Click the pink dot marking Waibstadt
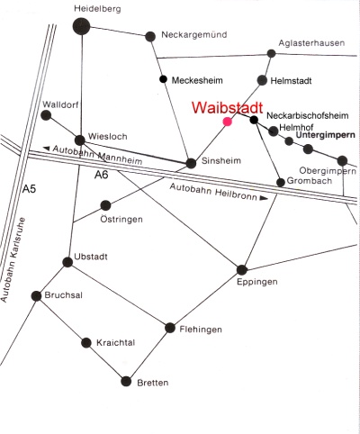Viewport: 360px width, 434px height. tap(228, 122)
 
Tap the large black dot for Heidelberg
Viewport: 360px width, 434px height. tap(81, 26)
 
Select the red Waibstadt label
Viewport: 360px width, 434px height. tap(228, 107)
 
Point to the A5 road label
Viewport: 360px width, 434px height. tap(30, 189)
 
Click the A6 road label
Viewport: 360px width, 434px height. tap(101, 175)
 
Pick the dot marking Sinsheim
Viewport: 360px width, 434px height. tap(191, 163)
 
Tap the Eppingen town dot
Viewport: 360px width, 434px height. tap(242, 270)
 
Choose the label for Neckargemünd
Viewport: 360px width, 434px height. tap(194, 35)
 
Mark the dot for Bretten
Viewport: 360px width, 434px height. tap(126, 381)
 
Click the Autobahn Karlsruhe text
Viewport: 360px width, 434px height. tap(13, 260)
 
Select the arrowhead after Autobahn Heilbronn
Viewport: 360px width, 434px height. tap(264, 198)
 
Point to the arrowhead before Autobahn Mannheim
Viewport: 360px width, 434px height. tap(46, 148)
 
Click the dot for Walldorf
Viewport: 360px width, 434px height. tap(46, 115)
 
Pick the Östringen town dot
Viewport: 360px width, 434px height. tap(105, 205)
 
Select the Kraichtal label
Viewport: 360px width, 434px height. tap(116, 342)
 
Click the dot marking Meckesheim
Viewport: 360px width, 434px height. tap(163, 79)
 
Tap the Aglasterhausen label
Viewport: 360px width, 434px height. tap(311, 43)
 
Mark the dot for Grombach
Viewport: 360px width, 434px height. tap(281, 182)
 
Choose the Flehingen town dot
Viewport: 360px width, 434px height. tap(170, 328)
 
